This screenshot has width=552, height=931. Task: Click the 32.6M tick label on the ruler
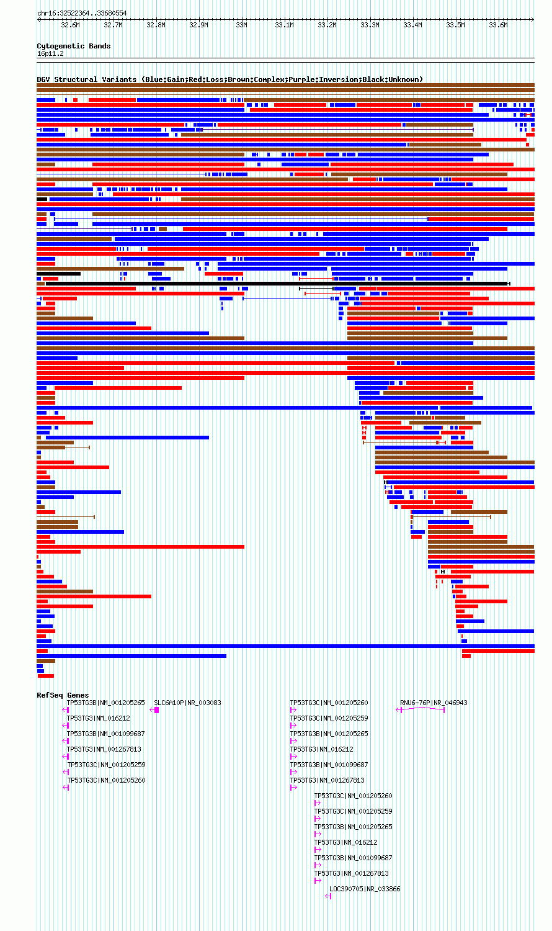tap(70, 25)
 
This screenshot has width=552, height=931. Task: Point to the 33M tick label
tap(241, 25)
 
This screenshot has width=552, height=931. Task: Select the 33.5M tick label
tap(455, 25)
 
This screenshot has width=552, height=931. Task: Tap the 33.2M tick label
tap(327, 25)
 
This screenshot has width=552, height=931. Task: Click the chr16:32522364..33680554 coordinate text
tap(82, 13)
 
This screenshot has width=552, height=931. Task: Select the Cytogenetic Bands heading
tap(74, 46)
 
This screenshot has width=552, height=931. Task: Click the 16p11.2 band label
tap(50, 53)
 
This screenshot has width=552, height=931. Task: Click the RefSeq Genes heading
tap(63, 695)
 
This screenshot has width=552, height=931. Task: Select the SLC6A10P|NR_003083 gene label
tap(187, 703)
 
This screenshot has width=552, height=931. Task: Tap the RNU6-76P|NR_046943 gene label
tap(434, 703)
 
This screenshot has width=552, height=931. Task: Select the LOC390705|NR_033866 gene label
tap(365, 889)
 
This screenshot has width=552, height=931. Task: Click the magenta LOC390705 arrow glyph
tap(328, 896)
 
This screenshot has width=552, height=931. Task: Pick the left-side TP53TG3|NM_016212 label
tap(99, 718)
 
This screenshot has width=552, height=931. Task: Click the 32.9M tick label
tap(198, 25)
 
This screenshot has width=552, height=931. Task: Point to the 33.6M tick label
tap(498, 25)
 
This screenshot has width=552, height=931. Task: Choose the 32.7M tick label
tap(113, 25)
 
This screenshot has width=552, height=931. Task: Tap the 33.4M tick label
tap(412, 25)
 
